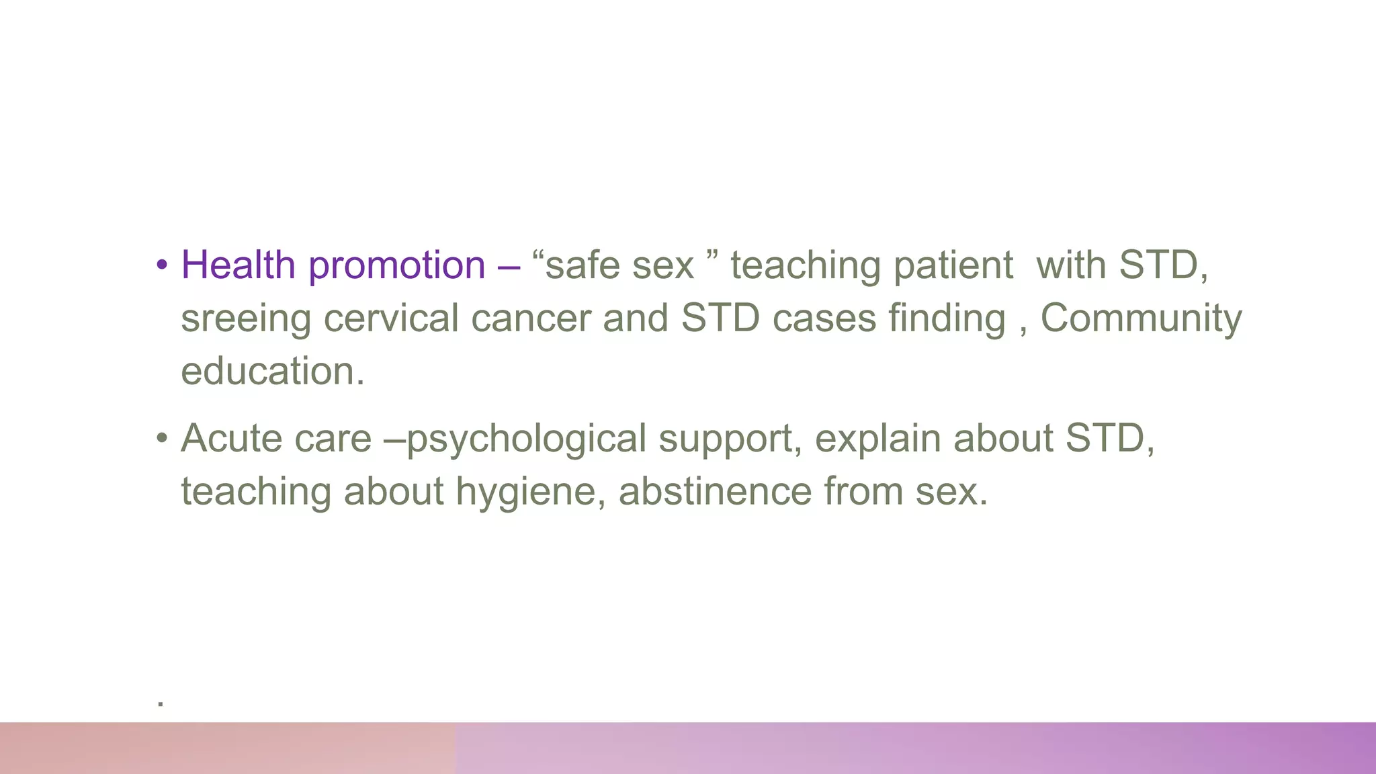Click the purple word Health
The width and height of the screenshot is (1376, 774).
pyautogui.click(x=238, y=265)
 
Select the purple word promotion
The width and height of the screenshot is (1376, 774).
pyautogui.click(x=396, y=266)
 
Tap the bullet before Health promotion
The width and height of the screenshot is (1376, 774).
pyautogui.click(x=161, y=265)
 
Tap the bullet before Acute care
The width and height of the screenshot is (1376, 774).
pyautogui.click(x=161, y=438)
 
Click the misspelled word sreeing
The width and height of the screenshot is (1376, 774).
pyautogui.click(x=246, y=319)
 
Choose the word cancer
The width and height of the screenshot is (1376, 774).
pyautogui.click(x=530, y=318)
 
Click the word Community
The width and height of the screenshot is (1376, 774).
pyautogui.click(x=1141, y=319)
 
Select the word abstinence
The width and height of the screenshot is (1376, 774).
pyautogui.click(x=714, y=491)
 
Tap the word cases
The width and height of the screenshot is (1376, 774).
pyautogui.click(x=824, y=318)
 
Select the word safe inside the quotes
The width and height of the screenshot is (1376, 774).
pyautogui.click(x=583, y=265)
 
